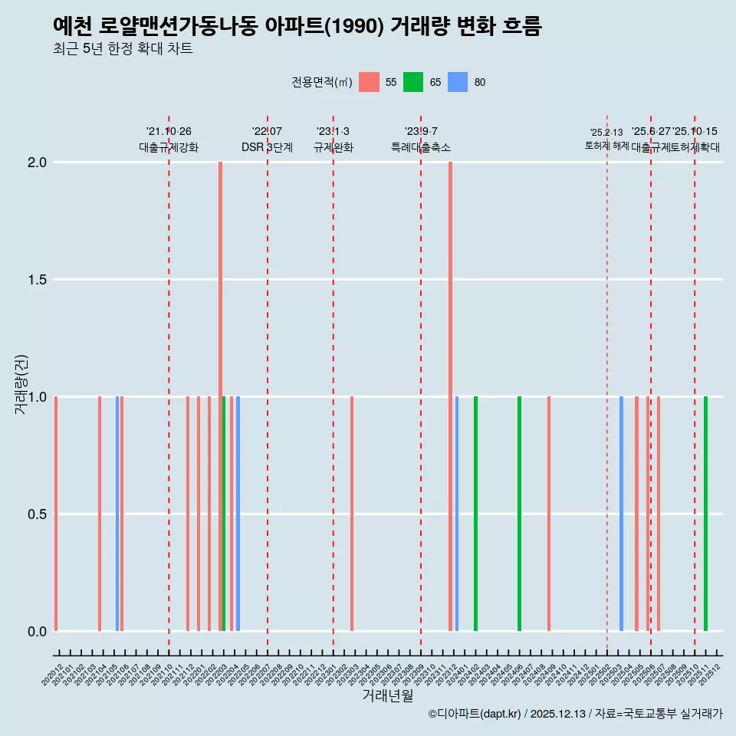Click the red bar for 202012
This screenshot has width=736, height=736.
56,514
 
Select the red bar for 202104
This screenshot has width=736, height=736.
100,514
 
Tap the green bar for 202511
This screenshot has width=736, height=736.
705,514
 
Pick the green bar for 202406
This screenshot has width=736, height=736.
519,514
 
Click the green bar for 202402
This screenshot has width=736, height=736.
475,514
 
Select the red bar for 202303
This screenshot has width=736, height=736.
352,514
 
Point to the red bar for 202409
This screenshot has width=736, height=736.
549,514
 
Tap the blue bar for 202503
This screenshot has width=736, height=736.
621,514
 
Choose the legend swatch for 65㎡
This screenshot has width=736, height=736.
413,82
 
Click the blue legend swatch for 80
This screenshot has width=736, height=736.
458,82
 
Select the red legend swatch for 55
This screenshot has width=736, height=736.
369,82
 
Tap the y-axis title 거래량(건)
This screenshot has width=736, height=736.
21,383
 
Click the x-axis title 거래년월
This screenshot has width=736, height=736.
387,695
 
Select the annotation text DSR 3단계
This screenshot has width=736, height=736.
267,147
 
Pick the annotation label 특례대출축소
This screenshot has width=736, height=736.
421,147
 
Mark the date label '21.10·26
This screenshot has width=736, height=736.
169,132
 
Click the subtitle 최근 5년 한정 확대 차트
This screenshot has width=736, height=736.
123,49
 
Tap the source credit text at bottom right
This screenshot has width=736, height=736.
575,714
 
